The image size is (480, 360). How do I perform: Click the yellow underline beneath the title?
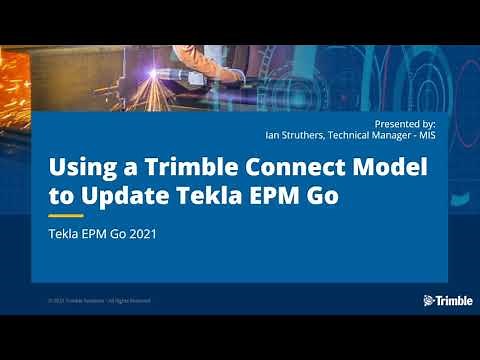(x=66, y=215)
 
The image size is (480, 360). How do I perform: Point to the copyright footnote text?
(x=99, y=301)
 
